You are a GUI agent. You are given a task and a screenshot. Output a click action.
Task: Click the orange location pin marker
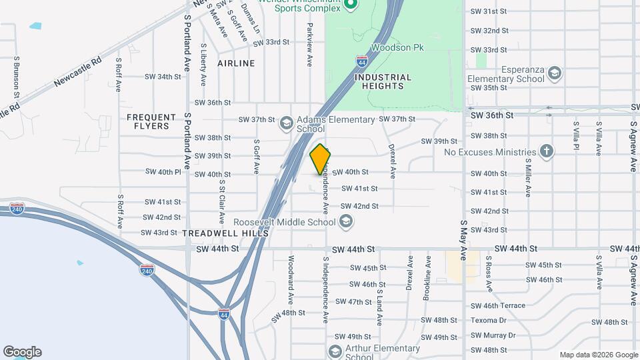[x=320, y=159]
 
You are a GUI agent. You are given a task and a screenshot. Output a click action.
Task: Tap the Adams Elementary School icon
[x=287, y=123]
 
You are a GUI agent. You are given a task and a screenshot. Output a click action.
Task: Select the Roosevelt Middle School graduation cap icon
[x=345, y=221]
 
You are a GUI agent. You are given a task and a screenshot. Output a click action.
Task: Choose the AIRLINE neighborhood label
[x=236, y=63]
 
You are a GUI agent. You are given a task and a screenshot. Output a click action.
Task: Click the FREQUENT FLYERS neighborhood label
[x=151, y=121]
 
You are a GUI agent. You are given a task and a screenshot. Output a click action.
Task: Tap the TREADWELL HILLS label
[x=225, y=233]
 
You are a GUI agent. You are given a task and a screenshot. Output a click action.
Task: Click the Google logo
[x=22, y=352]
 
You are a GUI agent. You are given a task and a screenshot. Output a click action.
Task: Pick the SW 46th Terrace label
[x=497, y=305]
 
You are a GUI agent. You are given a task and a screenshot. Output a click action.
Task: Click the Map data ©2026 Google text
[x=599, y=355]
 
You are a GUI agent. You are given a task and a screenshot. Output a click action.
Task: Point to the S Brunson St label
[x=16, y=77]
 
